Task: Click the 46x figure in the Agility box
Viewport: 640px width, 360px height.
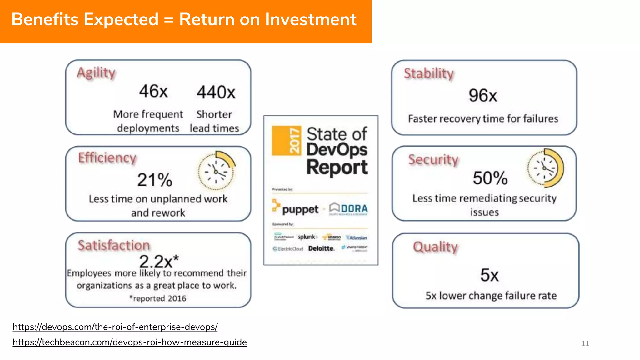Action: [x=153, y=91]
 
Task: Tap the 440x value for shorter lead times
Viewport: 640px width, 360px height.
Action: [x=216, y=92]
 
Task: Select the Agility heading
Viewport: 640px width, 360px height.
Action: [x=96, y=72]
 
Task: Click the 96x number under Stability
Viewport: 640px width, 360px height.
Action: [x=483, y=96]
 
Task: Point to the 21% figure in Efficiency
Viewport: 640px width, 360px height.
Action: [x=155, y=180]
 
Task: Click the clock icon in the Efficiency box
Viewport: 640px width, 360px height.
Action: [x=217, y=171]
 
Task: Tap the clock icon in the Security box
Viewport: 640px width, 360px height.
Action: [x=545, y=168]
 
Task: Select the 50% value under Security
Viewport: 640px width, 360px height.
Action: [x=490, y=178]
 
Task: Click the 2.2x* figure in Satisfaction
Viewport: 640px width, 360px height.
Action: [x=159, y=261]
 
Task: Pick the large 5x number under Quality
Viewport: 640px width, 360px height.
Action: [x=489, y=275]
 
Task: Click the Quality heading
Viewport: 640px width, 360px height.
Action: [x=435, y=247]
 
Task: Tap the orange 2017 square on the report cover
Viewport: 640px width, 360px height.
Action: [x=287, y=141]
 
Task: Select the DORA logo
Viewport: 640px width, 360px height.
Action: [x=349, y=208]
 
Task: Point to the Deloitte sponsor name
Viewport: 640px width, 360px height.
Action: [x=321, y=248]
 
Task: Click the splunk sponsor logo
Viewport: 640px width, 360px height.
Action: [x=307, y=237]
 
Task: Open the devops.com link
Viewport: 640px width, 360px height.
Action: [x=115, y=327]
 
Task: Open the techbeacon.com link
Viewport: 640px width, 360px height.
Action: [x=130, y=342]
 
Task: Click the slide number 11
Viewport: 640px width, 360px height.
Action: [x=585, y=343]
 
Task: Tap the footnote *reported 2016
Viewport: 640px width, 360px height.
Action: [x=158, y=298]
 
